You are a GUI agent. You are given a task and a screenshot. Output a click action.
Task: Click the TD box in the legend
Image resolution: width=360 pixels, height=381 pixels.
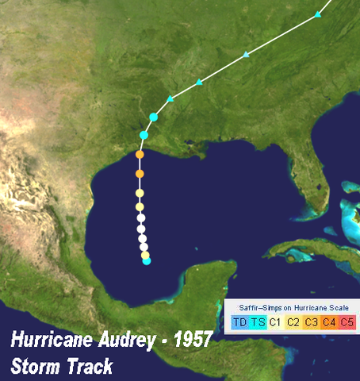click(x=239, y=321)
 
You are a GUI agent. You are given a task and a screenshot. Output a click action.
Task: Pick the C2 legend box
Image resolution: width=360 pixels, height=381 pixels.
click(x=293, y=321)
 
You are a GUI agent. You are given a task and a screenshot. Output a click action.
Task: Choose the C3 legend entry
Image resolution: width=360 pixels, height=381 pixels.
click(x=312, y=321)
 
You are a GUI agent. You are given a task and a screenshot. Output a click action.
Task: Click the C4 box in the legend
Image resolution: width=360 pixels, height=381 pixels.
click(x=329, y=321)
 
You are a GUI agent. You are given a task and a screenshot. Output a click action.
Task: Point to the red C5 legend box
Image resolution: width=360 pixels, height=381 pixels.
click(x=347, y=321)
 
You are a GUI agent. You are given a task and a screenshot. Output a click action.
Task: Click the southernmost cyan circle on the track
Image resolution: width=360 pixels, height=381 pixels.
click(x=147, y=261)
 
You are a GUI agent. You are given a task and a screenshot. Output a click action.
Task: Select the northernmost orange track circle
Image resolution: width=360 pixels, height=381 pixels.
click(x=140, y=155)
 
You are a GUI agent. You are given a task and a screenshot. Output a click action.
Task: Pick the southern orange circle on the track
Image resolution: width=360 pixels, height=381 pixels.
click(x=140, y=173)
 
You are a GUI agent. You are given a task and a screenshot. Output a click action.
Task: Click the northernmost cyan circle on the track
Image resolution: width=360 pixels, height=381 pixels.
click(x=154, y=117)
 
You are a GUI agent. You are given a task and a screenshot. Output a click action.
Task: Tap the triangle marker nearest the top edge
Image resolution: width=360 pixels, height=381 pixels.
click(x=317, y=15)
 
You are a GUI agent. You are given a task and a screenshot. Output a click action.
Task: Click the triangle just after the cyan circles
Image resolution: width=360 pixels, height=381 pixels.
click(x=170, y=98)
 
